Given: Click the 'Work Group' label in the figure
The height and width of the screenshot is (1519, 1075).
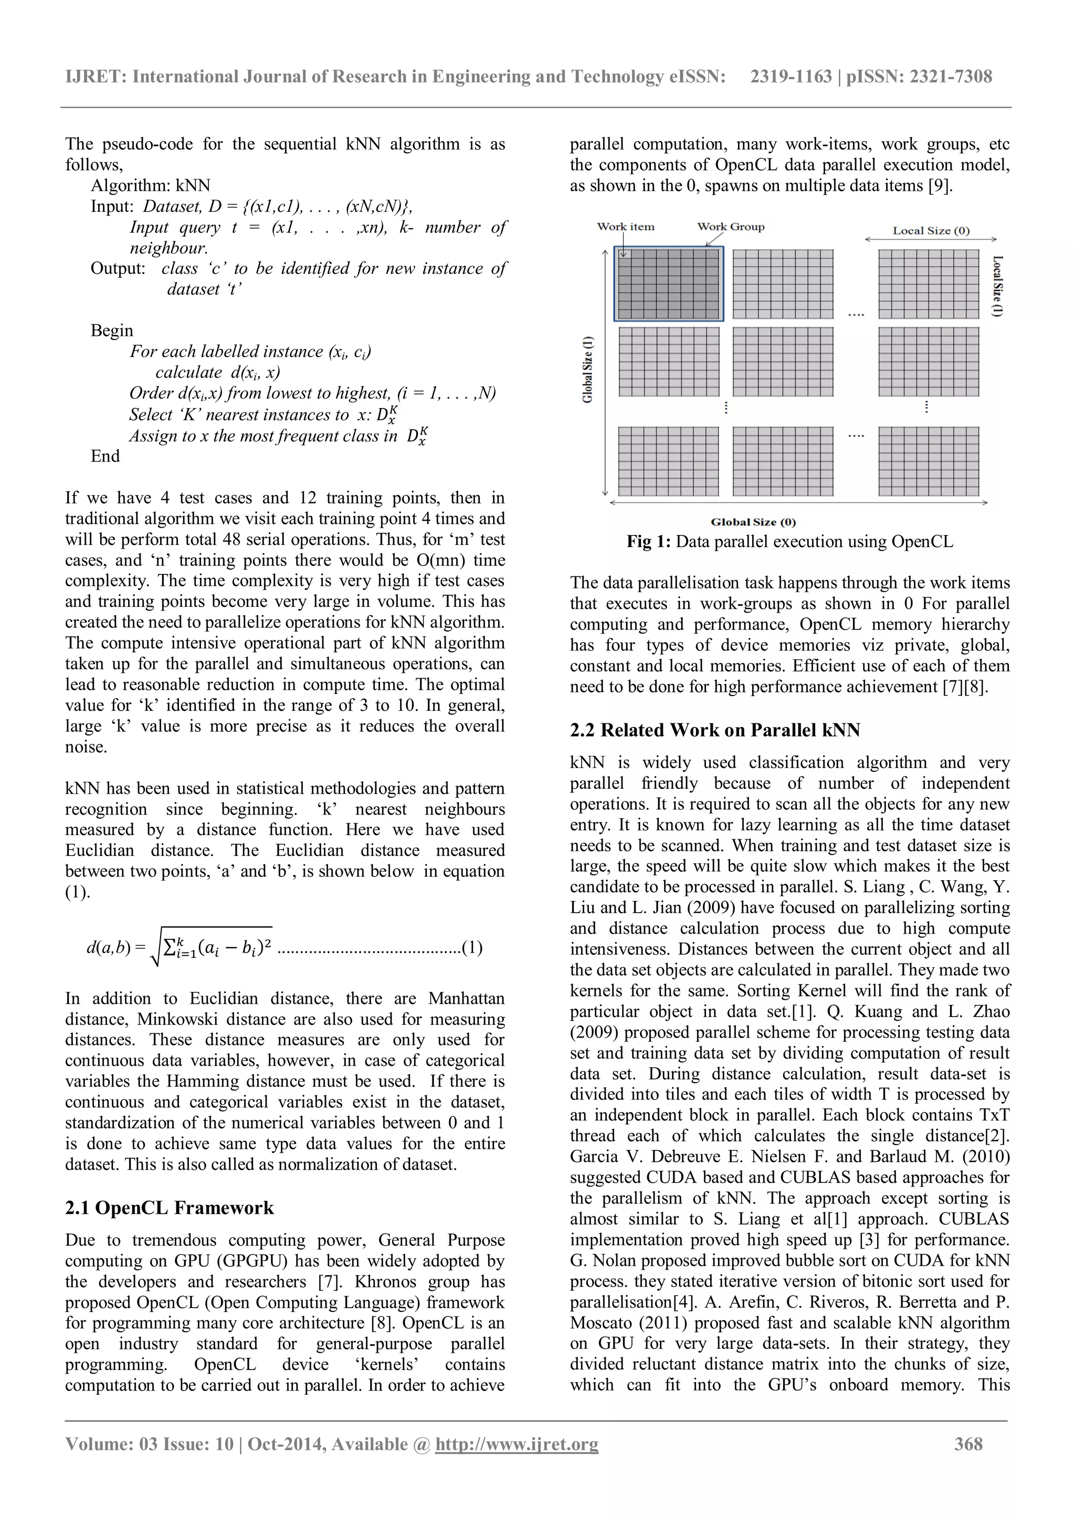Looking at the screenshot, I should (730, 227).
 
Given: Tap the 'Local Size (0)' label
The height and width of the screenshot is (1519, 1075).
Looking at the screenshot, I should (930, 231).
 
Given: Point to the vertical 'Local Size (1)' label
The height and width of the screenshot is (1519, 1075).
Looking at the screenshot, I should (997, 286).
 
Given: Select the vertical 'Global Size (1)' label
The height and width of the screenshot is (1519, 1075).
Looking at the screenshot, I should (588, 369).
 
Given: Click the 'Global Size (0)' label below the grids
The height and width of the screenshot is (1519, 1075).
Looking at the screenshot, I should (753, 522).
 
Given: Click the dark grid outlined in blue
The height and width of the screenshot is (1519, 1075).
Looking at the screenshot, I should (669, 284).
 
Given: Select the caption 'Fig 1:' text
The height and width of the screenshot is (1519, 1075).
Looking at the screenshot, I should (649, 542).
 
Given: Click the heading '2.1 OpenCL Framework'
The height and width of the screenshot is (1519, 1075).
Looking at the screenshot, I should (169, 1207).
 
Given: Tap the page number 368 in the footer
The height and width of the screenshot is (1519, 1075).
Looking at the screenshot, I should (968, 1443).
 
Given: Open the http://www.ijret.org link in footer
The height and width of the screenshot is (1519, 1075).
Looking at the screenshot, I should (517, 1443).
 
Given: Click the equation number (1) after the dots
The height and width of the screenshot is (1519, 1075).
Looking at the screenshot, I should (472, 947).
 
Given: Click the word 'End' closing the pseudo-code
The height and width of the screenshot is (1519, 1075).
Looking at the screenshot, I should (106, 456).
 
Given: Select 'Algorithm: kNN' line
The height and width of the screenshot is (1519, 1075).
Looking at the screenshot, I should (150, 185).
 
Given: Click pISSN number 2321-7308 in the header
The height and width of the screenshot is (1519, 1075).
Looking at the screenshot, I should (951, 77).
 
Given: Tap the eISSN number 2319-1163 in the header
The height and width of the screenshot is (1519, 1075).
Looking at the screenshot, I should (791, 77).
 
